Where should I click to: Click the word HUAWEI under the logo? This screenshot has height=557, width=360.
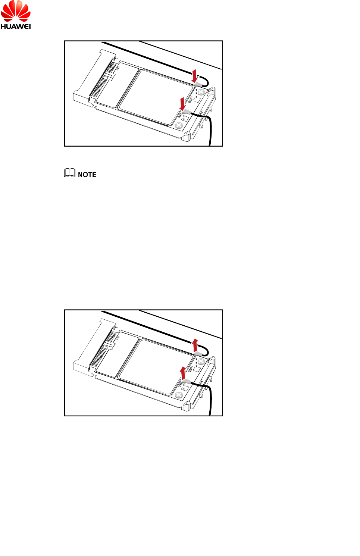(x=16, y=26)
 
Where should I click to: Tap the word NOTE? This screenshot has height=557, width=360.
(x=87, y=175)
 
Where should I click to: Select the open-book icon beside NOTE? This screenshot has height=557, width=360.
(x=70, y=173)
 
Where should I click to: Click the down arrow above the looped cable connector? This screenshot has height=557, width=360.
(x=194, y=75)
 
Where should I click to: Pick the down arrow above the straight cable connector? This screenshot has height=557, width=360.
(x=182, y=103)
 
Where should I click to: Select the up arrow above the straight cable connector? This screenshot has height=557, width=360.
(x=182, y=372)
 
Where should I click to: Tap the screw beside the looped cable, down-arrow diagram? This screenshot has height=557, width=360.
(x=201, y=92)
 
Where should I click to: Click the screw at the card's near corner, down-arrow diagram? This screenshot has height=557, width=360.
(x=179, y=125)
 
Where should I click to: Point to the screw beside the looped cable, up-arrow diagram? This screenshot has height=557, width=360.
(x=201, y=361)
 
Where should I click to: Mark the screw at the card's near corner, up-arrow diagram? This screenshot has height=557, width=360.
(x=179, y=395)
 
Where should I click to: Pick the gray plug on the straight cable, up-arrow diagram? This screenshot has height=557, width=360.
(x=186, y=381)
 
